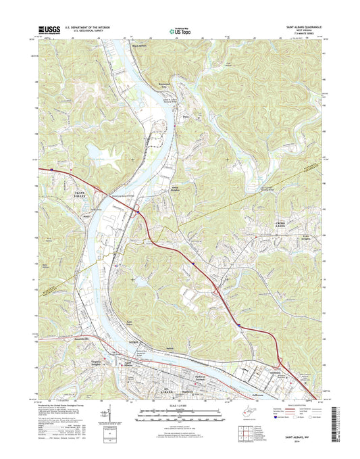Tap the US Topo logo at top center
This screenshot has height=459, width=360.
coord(180,29)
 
